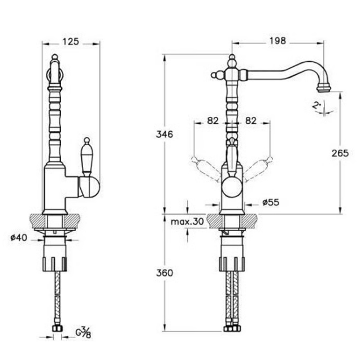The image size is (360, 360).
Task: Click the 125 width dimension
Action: click(x=71, y=42)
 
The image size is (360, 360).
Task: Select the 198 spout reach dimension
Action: click(x=277, y=41)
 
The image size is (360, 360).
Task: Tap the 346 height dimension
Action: click(x=164, y=135)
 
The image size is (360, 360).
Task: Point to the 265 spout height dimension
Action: click(x=340, y=153)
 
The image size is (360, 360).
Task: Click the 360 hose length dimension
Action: click(x=164, y=273)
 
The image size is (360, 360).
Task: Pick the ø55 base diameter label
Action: click(x=271, y=202)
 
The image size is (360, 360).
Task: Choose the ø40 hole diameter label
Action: click(x=19, y=237)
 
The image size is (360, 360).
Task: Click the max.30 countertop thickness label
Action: click(x=188, y=222)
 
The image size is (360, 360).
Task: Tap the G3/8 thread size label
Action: click(x=83, y=333)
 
